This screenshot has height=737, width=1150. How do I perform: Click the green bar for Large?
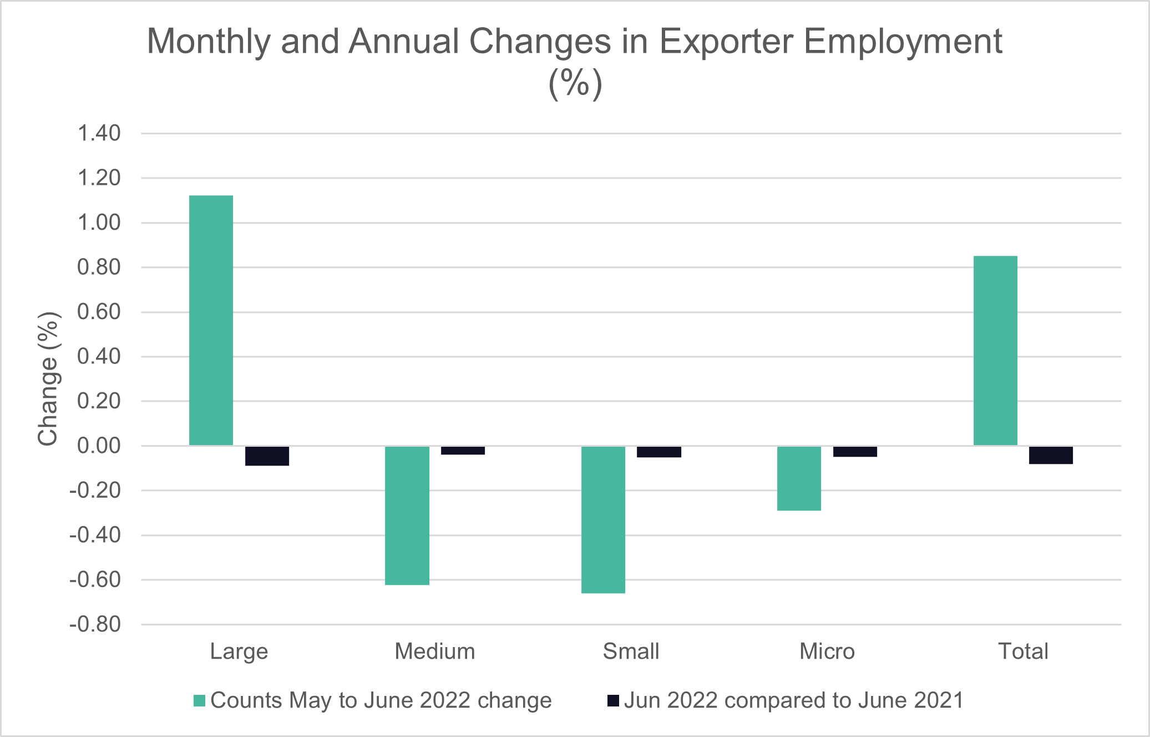[x=211, y=320]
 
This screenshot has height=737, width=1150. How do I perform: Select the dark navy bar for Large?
[x=267, y=456]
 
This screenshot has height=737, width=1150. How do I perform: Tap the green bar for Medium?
[x=407, y=515]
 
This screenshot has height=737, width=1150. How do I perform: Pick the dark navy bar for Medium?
[x=463, y=450]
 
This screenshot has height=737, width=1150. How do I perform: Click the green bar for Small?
[x=603, y=519]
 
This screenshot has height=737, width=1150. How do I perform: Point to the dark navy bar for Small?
[x=659, y=452]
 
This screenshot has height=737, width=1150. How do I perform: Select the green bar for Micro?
[x=799, y=478]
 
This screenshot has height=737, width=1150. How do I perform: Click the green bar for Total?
[x=995, y=350]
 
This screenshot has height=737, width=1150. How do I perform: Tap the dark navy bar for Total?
[x=1051, y=455]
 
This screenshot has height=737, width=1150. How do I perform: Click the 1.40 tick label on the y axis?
[x=99, y=134]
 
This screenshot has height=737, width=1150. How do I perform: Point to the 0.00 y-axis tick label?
[x=99, y=446]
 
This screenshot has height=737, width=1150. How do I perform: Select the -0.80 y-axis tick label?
[x=95, y=624]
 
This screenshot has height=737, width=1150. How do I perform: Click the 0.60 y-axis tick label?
[x=99, y=312]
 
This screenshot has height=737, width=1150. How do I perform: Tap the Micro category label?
[x=827, y=651]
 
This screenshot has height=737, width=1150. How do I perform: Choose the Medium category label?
[x=435, y=651]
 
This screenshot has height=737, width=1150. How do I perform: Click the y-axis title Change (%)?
[x=48, y=378]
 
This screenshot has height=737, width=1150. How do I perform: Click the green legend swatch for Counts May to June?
[x=199, y=700]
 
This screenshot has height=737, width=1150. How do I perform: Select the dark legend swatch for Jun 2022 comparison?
[x=613, y=700]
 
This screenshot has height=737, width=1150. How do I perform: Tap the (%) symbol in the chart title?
[x=575, y=83]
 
